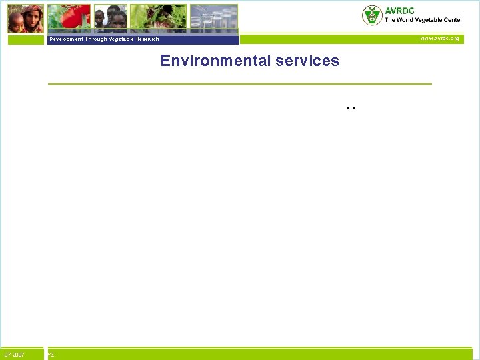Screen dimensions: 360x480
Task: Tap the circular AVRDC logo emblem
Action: point(372,15)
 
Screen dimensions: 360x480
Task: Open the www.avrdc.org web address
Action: point(439,39)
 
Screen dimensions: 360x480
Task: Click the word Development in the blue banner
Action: point(66,39)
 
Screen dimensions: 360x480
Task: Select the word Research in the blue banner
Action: point(147,39)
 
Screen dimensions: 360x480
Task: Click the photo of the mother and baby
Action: point(25,18)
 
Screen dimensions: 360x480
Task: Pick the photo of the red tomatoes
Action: point(68,18)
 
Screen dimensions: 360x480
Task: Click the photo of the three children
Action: point(110,18)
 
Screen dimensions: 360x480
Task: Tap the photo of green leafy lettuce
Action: point(157,18)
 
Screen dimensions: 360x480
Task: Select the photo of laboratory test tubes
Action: point(213,18)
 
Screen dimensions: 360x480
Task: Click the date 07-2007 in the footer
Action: point(15,355)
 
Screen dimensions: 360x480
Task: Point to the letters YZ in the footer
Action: point(51,355)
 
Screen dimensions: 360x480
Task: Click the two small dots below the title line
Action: point(351,107)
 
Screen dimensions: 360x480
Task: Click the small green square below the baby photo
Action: point(25,39)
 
